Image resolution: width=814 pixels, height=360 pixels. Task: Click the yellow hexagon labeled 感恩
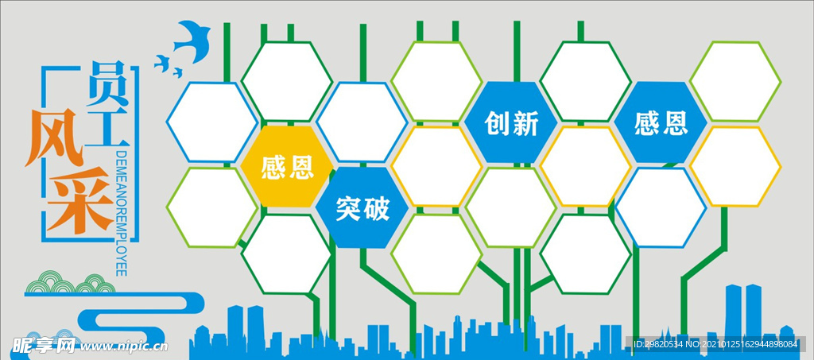pos(287,167)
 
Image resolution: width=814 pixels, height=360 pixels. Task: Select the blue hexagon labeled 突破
pos(362,207)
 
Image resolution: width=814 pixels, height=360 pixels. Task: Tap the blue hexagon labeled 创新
pos(511,122)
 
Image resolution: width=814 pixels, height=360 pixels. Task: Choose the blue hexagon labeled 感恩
pos(661,122)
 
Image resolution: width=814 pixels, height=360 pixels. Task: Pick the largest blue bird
pos(192,41)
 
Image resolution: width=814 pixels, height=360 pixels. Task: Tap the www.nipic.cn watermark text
pos(123,346)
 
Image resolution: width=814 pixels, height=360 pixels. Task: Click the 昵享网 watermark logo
pos(44,345)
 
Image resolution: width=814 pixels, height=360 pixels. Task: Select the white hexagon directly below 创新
pos(511,207)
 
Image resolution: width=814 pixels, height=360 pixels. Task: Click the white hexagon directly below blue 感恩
pos(661,207)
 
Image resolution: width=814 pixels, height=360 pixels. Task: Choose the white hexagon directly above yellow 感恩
pos(286,81)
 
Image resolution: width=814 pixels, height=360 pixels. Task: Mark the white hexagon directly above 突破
pos(362,122)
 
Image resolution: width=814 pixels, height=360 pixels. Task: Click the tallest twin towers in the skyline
pos(743,312)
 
